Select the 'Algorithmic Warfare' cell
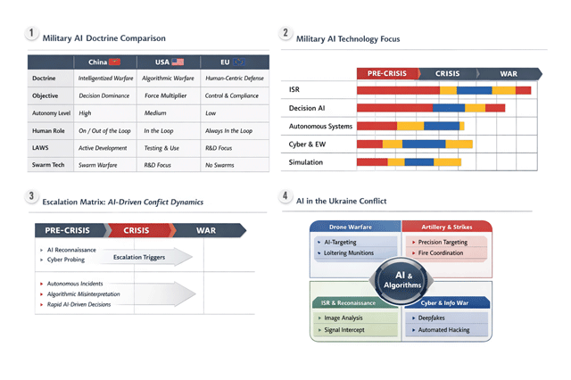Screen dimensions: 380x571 pos(169,78)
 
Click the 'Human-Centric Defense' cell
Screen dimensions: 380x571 pos(233,78)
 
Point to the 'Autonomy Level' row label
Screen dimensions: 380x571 pos(50,113)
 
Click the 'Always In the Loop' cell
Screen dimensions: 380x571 pos(229,130)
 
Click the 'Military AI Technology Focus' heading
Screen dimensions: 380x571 pos(348,39)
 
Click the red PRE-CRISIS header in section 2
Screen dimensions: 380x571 pos(384,74)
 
